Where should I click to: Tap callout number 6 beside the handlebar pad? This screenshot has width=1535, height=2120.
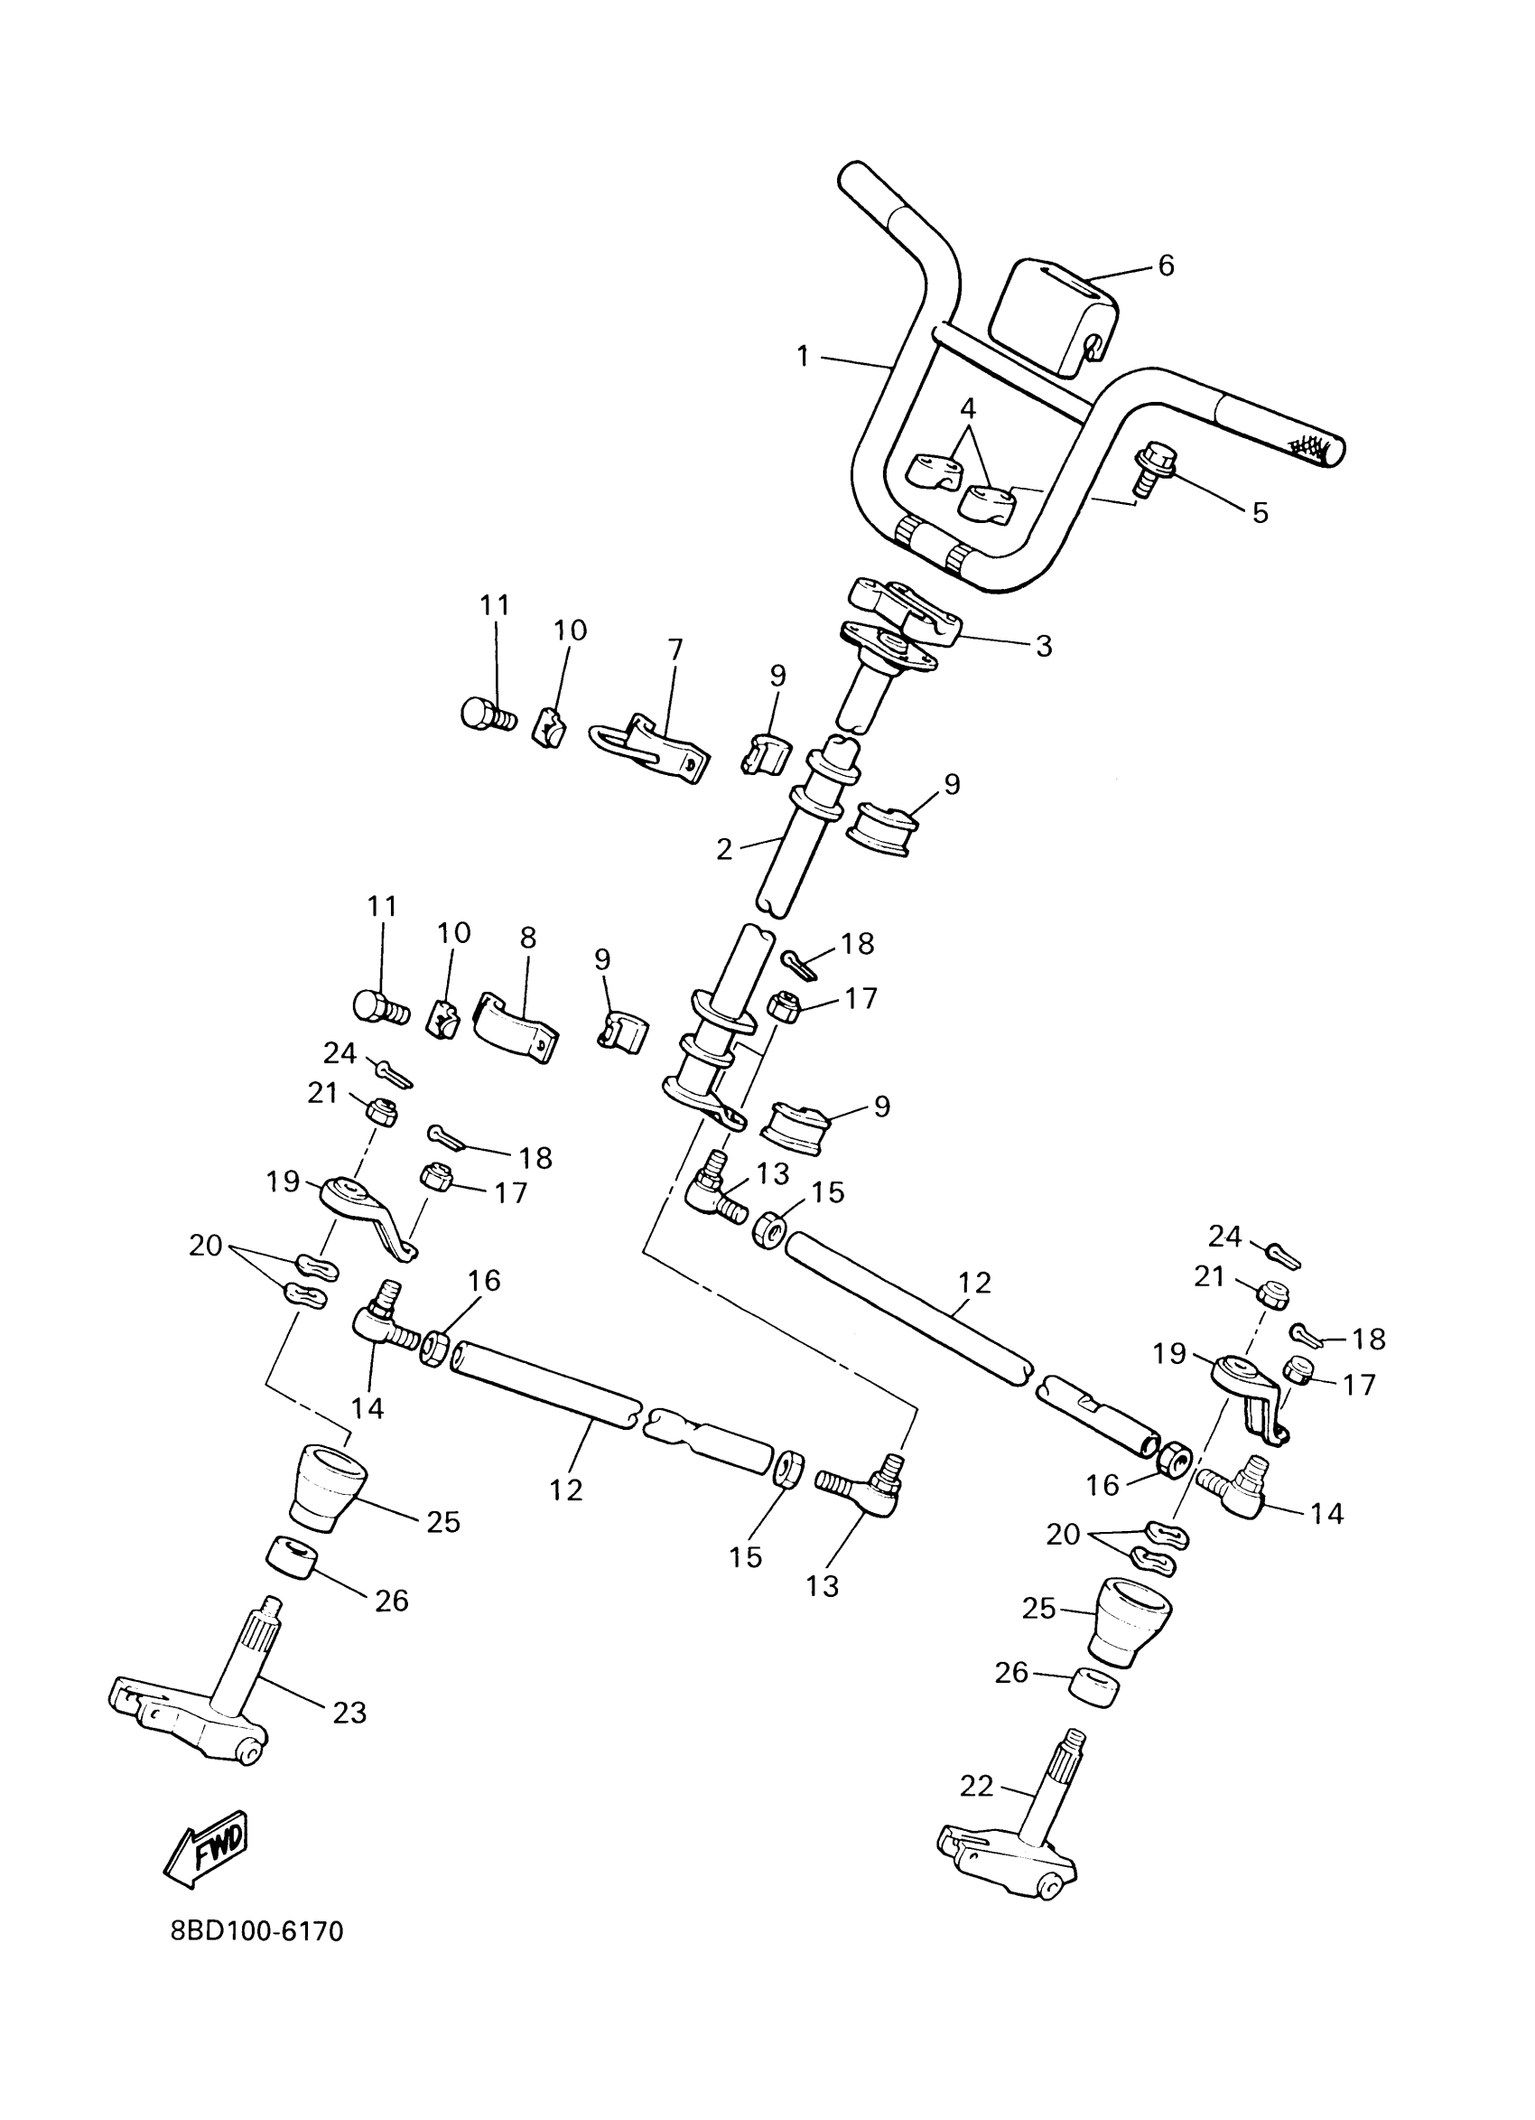point(1165,266)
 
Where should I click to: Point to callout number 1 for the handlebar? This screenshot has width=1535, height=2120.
point(803,356)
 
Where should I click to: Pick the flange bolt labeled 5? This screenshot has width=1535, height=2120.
point(1152,466)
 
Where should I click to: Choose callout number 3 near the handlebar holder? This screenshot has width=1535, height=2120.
point(1044,645)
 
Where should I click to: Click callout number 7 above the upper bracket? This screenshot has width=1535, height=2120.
point(674,648)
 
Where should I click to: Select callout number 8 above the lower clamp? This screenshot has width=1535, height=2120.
point(528,938)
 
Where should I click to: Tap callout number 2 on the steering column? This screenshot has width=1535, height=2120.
point(724,849)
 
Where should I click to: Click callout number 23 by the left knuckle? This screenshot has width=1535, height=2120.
point(349,1713)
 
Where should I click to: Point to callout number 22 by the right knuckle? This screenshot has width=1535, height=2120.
point(976,1787)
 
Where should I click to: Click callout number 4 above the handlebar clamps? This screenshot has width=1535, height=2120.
point(967,407)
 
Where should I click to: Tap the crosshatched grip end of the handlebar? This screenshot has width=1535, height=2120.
point(1317,450)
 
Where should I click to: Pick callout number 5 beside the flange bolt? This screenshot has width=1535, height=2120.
point(1260,512)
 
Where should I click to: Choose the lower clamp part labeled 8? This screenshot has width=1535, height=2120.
point(515,1026)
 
